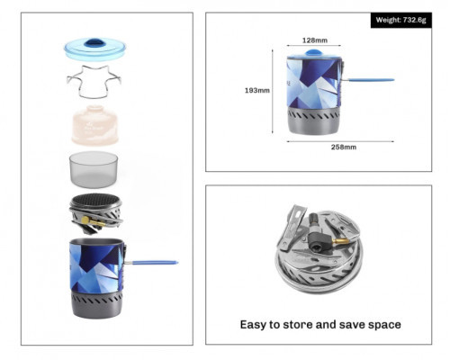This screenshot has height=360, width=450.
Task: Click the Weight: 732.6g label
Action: (400, 20)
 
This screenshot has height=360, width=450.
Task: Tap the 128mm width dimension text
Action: (315, 40)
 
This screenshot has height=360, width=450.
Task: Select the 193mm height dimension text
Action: (257, 90)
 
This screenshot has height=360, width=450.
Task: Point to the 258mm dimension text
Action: (344, 147)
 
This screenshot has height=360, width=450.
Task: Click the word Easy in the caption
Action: (253, 325)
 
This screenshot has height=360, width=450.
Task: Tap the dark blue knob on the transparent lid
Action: (94, 43)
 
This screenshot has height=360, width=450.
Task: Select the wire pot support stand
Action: (94, 82)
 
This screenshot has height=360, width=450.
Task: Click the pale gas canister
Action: (94, 125)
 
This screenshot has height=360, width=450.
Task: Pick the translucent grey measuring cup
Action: (94, 169)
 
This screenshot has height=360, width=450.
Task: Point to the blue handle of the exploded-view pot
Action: (155, 263)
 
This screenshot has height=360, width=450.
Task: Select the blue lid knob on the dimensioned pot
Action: (313, 53)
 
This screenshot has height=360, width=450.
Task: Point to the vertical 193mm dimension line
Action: (273, 91)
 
